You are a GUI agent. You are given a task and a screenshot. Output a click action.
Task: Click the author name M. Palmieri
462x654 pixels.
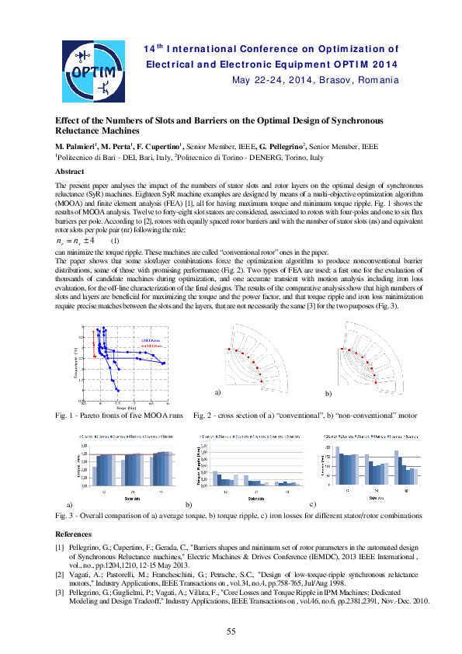(x=75, y=146)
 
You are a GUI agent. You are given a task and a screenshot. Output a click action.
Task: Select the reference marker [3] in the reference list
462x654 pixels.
(x=59, y=591)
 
